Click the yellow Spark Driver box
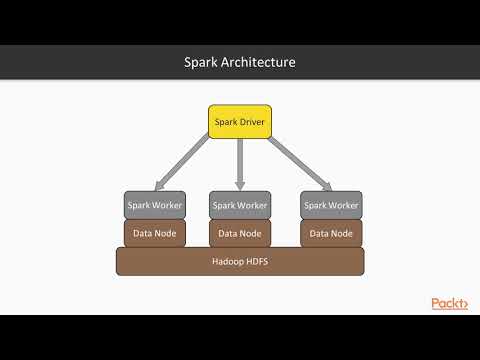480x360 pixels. point(240,121)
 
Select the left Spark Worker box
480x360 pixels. point(154,205)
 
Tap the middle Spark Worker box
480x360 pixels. point(240,205)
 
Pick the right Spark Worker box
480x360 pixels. point(331,205)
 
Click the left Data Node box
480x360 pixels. point(154,233)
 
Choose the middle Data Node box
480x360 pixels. point(240,233)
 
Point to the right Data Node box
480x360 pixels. point(331,233)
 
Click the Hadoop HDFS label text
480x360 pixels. point(240,261)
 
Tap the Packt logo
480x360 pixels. point(449,303)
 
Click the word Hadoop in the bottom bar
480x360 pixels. point(227,261)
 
